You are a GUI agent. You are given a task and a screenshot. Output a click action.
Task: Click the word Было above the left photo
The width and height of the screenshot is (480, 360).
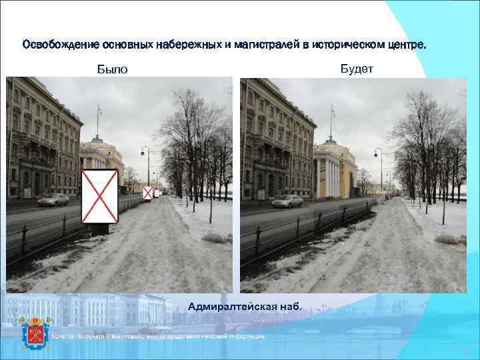[111, 69]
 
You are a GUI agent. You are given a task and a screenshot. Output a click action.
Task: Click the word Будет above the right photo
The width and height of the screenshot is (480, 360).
[357, 68]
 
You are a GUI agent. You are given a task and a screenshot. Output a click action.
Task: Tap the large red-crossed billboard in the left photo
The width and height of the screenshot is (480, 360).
[99, 196]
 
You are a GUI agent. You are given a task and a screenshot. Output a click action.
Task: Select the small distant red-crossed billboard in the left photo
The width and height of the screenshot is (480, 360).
[147, 193]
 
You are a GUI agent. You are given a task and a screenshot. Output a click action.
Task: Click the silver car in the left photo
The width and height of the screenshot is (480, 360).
[53, 199]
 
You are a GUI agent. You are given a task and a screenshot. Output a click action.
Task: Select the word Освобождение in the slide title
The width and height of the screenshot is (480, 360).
[61, 45]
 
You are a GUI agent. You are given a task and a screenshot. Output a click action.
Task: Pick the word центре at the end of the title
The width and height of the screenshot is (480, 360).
[406, 45]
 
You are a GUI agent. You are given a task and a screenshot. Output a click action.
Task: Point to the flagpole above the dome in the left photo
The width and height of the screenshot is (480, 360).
[99, 120]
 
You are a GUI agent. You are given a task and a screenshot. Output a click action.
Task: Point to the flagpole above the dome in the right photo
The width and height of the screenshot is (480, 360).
[332, 121]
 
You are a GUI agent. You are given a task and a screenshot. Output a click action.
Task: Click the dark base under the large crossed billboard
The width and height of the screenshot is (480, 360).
[100, 229]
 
